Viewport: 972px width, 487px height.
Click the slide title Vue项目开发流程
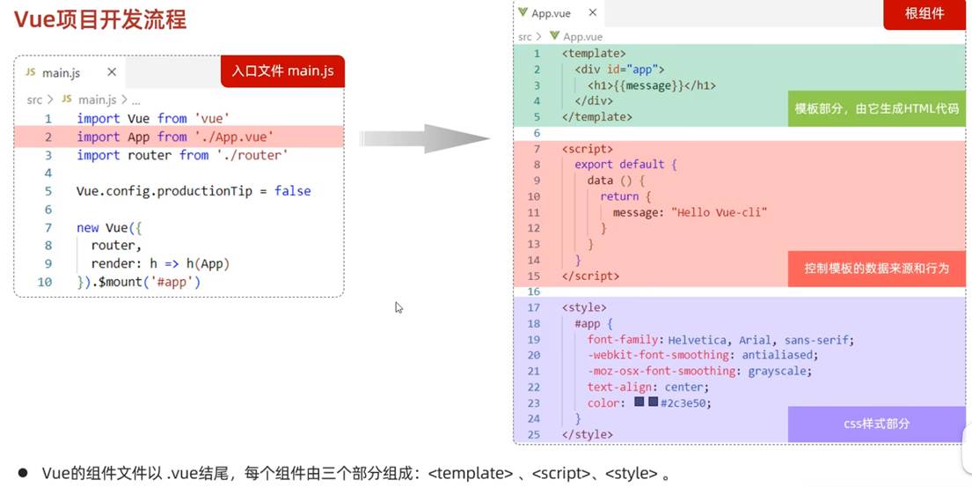(100, 19)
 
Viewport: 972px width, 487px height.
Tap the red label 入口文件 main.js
(282, 70)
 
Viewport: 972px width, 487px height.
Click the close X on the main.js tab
(112, 72)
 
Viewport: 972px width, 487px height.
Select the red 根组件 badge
(924, 14)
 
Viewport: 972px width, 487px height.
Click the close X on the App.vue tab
(593, 13)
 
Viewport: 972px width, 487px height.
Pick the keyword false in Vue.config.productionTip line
(292, 191)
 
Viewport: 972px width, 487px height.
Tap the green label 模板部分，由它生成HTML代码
(876, 108)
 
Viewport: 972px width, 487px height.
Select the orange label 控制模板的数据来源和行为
(876, 268)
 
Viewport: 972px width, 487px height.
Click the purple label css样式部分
(876, 424)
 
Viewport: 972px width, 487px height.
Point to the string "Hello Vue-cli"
(720, 212)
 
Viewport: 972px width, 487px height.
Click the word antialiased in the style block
(778, 355)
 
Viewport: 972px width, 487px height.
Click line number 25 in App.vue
(533, 434)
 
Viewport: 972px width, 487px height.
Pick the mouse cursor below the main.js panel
(398, 307)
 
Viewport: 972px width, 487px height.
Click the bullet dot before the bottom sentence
(24, 474)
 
